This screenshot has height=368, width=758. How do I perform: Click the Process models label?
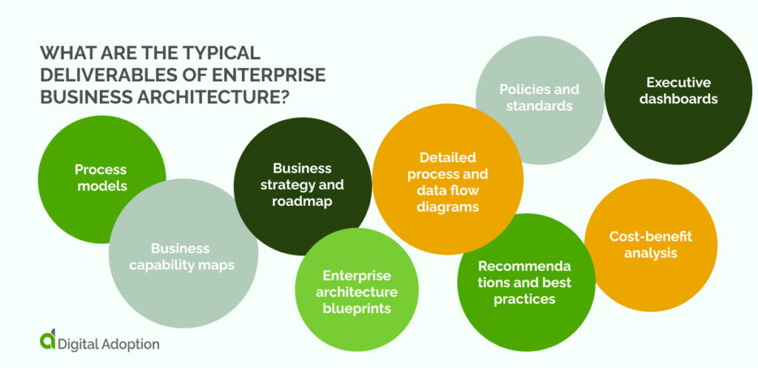tap(101, 178)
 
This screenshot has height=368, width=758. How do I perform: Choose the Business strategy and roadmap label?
tap(302, 184)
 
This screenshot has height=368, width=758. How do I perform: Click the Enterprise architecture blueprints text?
tap(357, 292)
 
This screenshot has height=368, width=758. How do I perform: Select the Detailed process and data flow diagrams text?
tap(447, 182)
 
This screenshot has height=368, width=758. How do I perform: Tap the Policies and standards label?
tap(539, 98)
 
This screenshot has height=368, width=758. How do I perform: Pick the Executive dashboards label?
tap(678, 90)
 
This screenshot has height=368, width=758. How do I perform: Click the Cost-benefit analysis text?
tap(651, 244)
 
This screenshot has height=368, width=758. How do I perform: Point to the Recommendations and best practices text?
tap(525, 282)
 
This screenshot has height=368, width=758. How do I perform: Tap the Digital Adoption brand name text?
tap(110, 344)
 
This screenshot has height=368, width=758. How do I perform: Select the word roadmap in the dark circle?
tap(302, 201)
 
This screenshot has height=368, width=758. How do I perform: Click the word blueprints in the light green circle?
tap(357, 308)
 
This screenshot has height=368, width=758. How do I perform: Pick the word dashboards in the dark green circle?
tap(679, 98)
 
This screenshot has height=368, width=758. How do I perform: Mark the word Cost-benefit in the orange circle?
tap(651, 236)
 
